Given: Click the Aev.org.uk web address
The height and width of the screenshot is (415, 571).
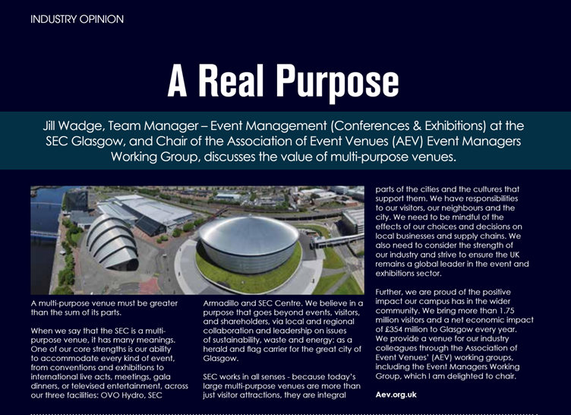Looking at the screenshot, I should pyautogui.click(x=396, y=394).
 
